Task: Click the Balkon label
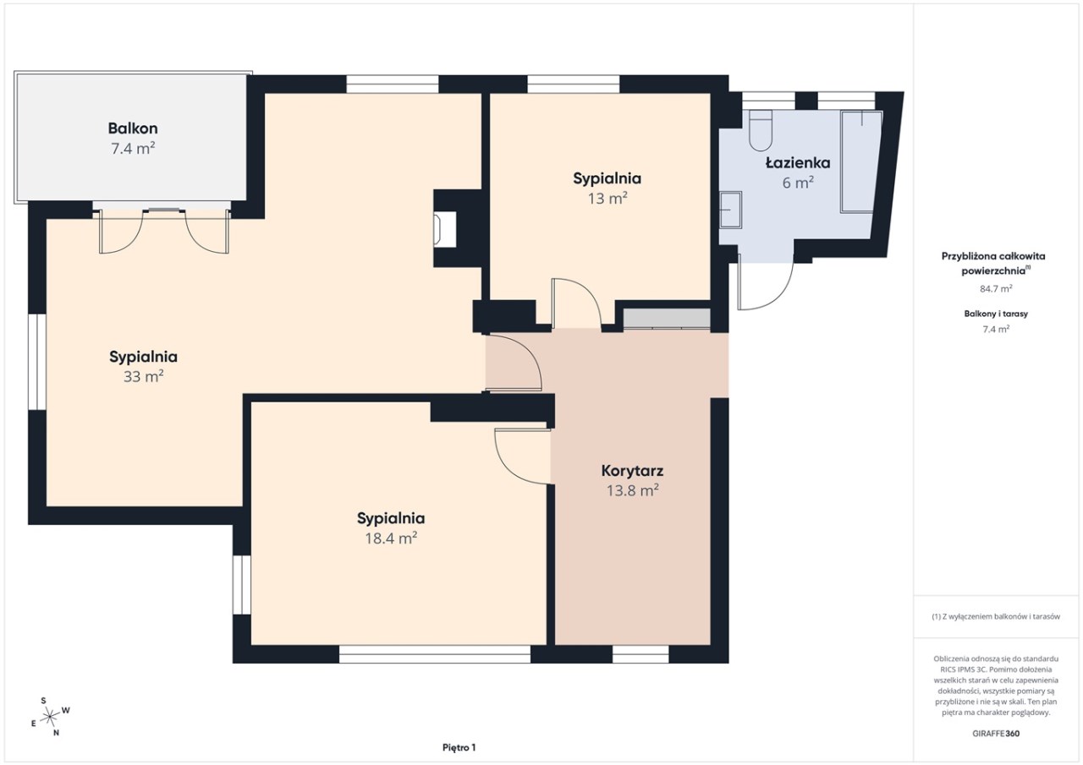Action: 133,128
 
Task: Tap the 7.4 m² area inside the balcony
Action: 133,148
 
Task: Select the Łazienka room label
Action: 798,163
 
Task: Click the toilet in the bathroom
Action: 761,130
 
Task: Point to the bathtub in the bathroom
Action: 861,161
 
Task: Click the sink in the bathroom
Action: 730,210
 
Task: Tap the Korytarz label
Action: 632,470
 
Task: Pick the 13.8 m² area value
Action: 632,490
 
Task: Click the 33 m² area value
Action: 143,376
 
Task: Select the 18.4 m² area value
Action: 391,538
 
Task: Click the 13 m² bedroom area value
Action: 607,198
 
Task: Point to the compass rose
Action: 50,717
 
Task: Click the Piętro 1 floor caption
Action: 459,747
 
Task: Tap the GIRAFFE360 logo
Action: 996,734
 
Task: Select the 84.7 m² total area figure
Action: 996,288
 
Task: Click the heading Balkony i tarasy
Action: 996,314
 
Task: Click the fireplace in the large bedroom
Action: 445,229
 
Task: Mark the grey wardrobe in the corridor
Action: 666,319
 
